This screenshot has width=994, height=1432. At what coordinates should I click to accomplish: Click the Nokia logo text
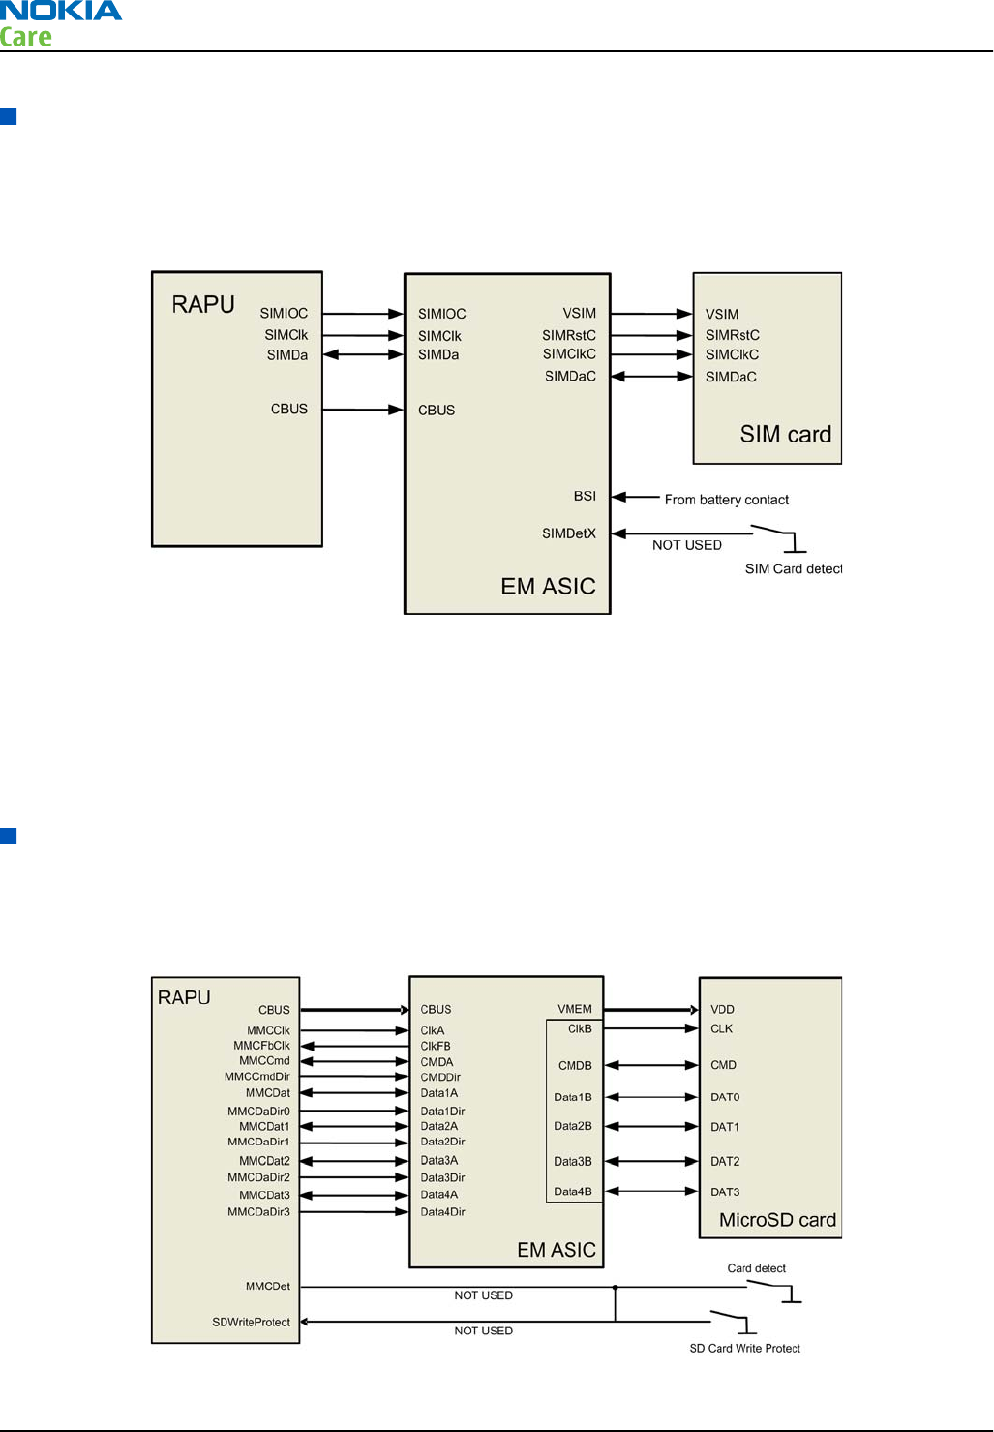61,12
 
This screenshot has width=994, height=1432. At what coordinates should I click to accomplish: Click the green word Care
26,38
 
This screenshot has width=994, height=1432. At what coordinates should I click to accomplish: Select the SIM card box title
785,434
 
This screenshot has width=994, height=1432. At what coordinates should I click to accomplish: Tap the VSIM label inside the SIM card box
721,314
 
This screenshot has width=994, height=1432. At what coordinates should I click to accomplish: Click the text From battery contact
726,500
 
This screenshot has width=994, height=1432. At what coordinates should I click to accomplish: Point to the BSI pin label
585,496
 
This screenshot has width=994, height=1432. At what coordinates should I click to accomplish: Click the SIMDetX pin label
569,533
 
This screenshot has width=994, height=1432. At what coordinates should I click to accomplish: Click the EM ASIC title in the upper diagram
548,586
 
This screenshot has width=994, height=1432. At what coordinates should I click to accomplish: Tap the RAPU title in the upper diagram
203,304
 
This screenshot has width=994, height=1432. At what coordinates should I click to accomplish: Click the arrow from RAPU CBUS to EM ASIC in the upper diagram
363,410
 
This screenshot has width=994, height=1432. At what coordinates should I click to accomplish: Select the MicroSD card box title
777,1220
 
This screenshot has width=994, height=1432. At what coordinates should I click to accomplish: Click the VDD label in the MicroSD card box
722,1009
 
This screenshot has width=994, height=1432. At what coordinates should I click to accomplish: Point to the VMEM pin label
575,1009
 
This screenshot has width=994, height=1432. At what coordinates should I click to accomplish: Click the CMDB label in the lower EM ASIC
575,1065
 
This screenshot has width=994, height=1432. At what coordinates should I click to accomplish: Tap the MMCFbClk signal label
261,1046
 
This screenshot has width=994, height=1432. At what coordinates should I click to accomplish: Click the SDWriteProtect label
251,1322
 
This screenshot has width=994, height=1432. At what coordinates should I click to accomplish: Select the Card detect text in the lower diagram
756,1268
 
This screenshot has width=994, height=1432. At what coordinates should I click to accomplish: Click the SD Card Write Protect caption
744,1348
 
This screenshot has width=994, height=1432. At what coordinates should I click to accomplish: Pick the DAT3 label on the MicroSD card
725,1192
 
